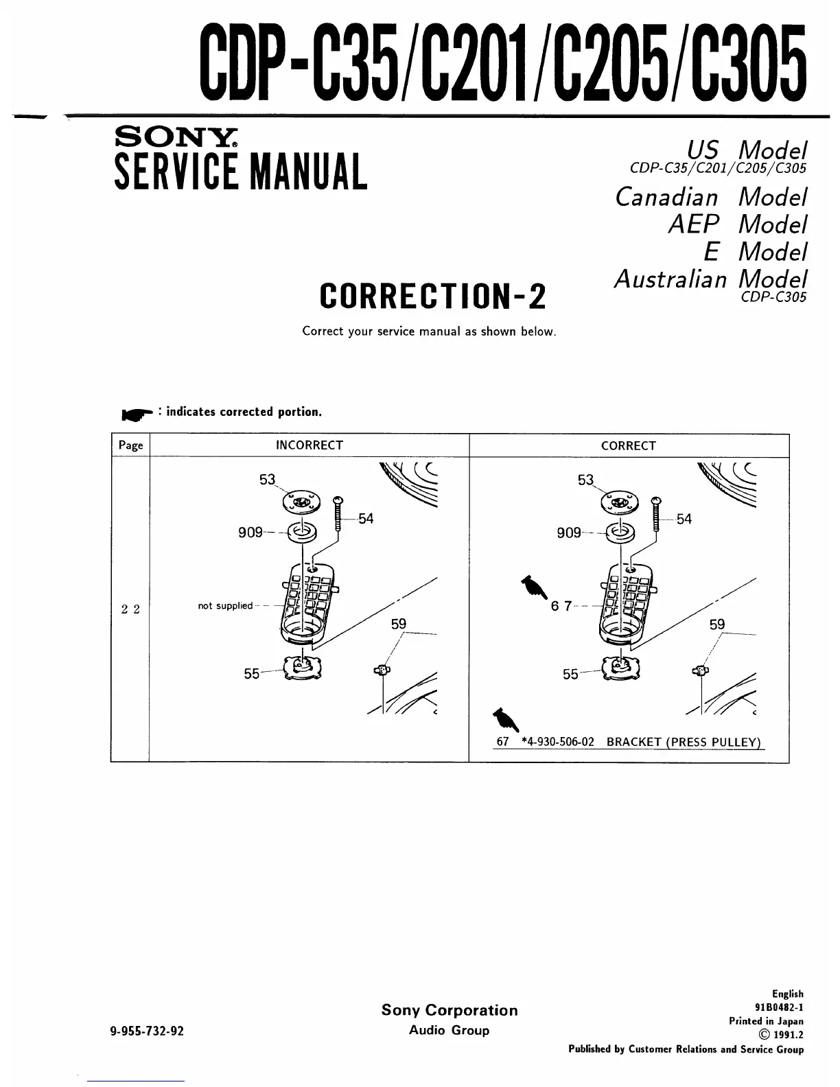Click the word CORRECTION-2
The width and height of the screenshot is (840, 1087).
[433, 296]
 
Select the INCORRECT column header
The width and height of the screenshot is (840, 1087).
[309, 445]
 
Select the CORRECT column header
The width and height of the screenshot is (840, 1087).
[628, 446]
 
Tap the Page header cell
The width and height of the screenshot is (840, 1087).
[130, 445]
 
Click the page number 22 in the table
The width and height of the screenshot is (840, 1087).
[130, 609]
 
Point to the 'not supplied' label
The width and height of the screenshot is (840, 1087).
[224, 606]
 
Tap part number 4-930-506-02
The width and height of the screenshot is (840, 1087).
[557, 742]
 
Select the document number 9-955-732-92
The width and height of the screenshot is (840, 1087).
[147, 1031]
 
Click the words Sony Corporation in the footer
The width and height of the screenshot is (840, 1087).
[450, 1010]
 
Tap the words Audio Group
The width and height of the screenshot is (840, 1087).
[449, 1030]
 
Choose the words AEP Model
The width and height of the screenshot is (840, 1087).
[737, 224]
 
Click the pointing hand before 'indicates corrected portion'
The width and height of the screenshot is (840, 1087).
[137, 414]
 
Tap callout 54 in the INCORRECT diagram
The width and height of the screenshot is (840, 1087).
[366, 519]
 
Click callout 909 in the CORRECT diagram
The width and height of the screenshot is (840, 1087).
[569, 533]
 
